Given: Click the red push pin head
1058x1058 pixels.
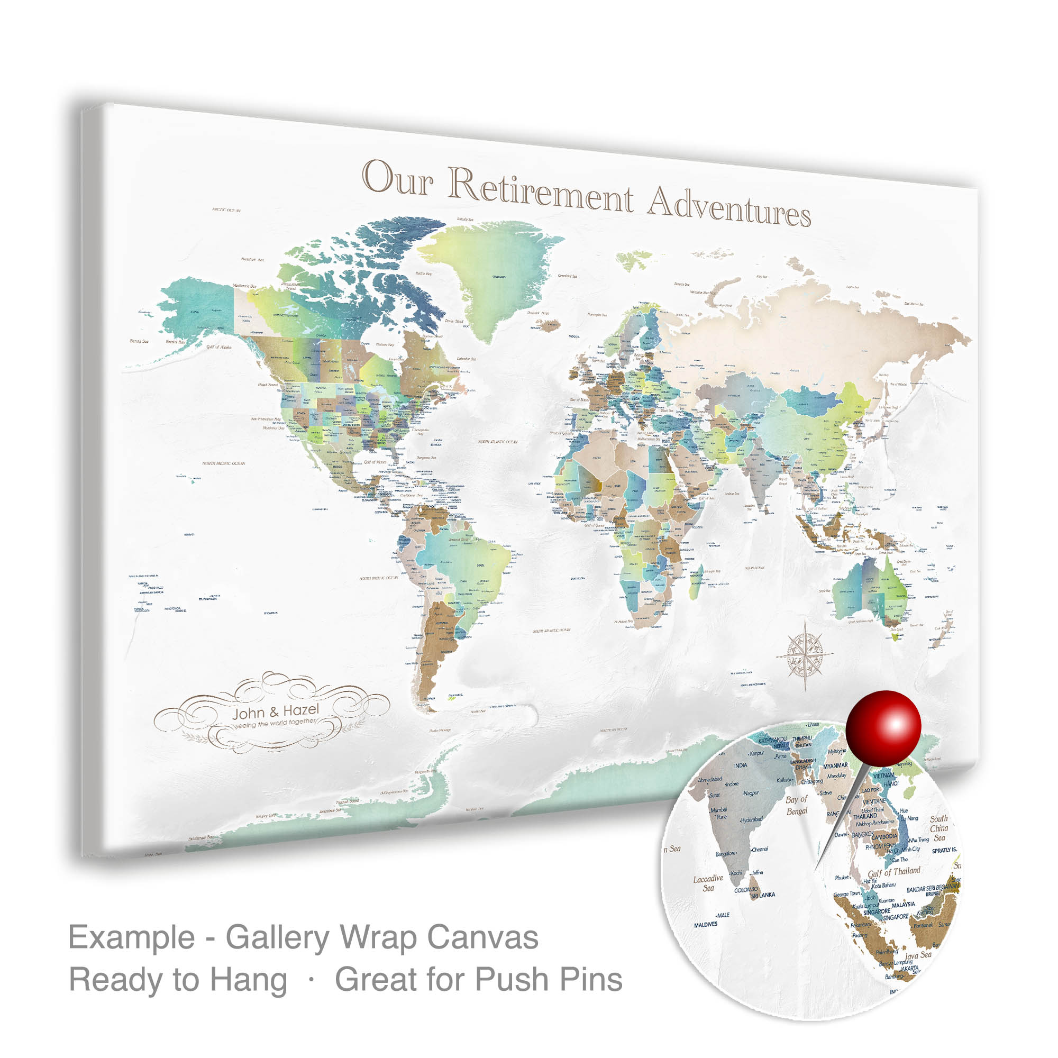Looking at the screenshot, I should (x=883, y=729).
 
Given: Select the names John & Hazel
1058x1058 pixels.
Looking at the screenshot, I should (x=275, y=712).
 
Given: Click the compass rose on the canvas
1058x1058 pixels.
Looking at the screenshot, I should (x=805, y=652).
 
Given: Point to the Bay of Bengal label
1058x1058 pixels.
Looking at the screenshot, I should (x=797, y=805).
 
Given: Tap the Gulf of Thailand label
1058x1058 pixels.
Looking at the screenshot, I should (x=893, y=872).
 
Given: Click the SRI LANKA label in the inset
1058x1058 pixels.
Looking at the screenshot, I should (x=763, y=896).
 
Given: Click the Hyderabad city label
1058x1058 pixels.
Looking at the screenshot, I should (x=751, y=820).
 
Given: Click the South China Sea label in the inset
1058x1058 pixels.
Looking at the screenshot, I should (x=938, y=828).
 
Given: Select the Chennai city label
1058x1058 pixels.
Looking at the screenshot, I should (x=760, y=850).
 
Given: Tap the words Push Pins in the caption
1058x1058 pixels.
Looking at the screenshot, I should (x=548, y=980).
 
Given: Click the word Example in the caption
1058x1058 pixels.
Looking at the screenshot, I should (x=131, y=937).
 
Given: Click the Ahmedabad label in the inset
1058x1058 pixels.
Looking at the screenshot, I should (x=710, y=779).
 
